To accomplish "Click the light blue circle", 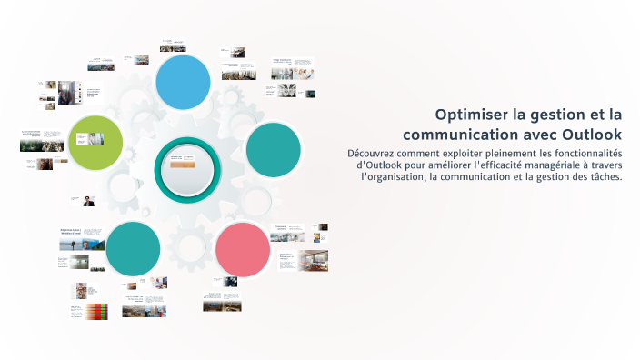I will [x=184, y=82].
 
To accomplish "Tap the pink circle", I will [x=243, y=248].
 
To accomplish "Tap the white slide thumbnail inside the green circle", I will [x=90, y=139].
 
